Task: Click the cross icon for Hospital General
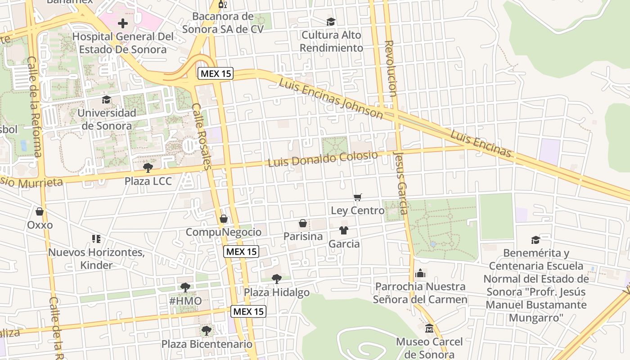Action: (x=122, y=23)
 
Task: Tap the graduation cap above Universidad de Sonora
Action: (x=107, y=99)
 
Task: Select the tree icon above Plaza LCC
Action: (x=148, y=168)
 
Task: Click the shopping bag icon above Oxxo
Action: (x=40, y=211)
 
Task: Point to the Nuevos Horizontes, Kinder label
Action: (x=96, y=259)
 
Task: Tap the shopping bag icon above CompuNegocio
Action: (x=224, y=219)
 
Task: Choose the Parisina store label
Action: (x=303, y=236)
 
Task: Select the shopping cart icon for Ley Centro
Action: (x=358, y=197)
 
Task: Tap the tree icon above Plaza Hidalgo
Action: (x=277, y=279)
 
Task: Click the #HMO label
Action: (x=185, y=300)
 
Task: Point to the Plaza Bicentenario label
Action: (x=207, y=344)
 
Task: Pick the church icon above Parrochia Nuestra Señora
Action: (x=420, y=273)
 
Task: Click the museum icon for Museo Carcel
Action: (x=429, y=328)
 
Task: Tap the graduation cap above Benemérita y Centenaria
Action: (x=535, y=240)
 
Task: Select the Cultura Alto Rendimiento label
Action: (x=331, y=41)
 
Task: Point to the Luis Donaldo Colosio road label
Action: (x=323, y=159)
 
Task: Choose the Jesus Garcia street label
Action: (x=400, y=182)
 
